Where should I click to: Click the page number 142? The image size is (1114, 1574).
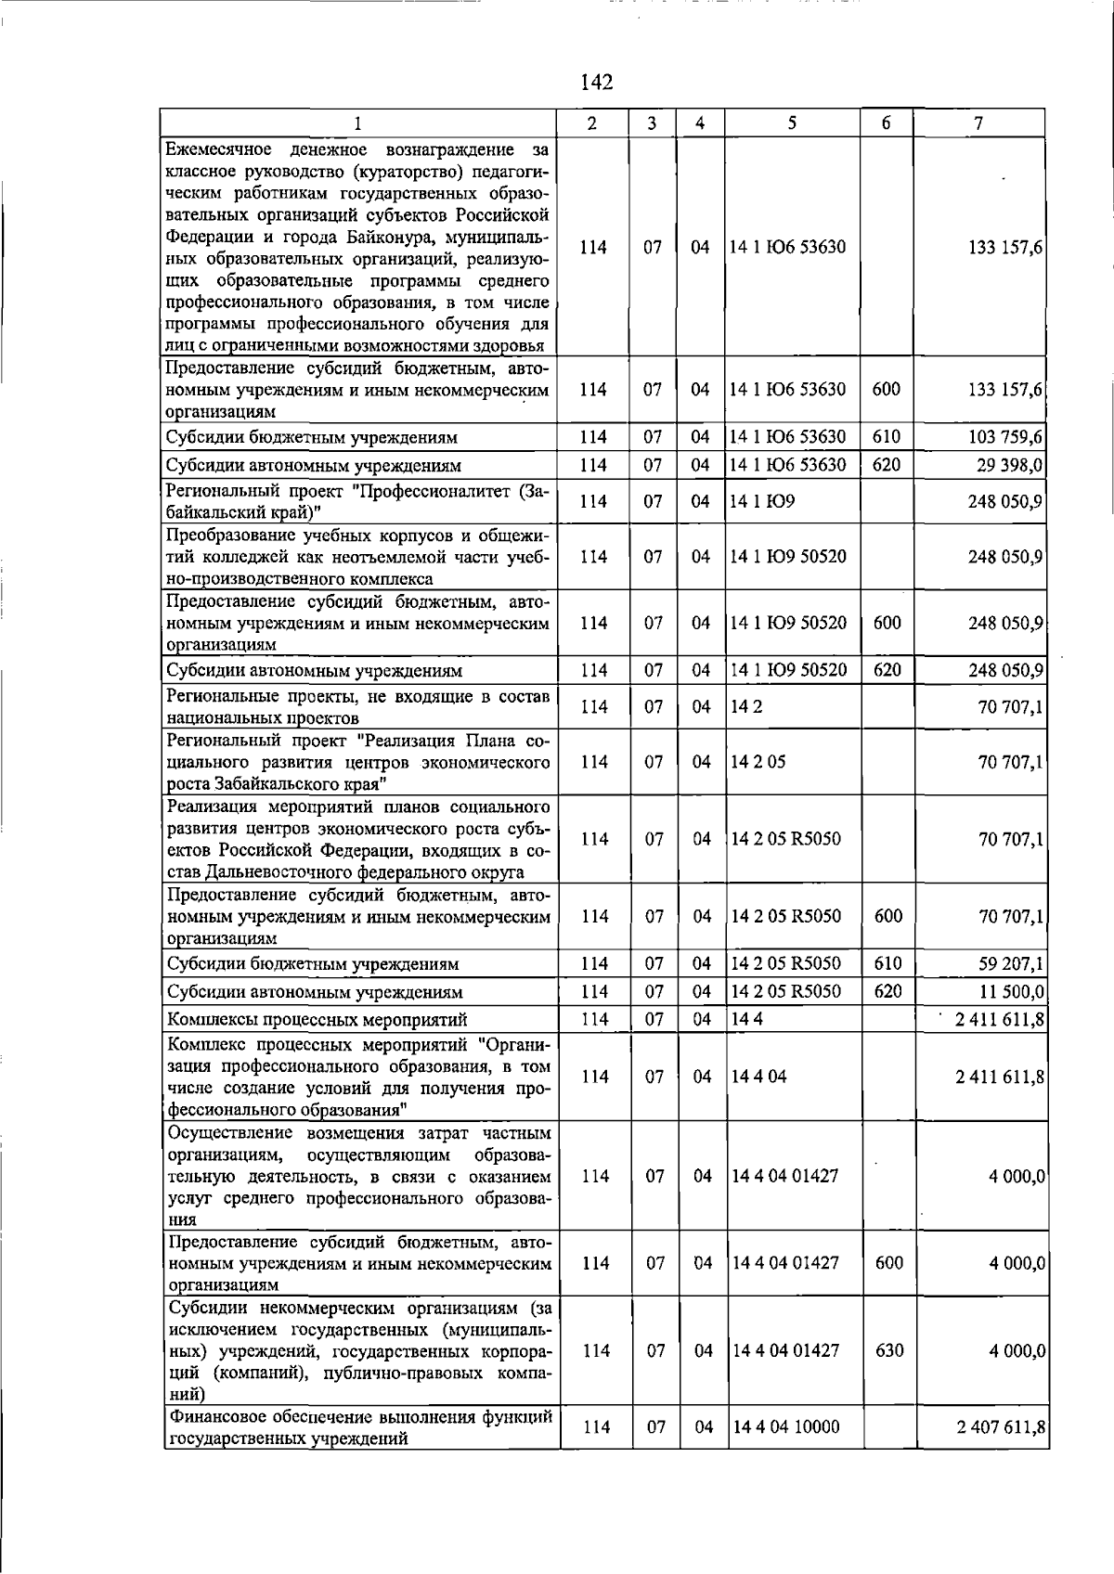(x=597, y=83)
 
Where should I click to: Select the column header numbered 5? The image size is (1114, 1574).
(x=791, y=123)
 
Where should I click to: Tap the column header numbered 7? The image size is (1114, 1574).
(x=978, y=123)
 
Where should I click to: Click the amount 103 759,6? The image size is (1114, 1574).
(x=1005, y=437)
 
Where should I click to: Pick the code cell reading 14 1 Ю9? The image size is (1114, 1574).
(x=762, y=502)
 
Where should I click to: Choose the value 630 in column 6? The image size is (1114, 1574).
(x=888, y=1350)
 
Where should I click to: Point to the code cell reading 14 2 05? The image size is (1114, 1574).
(x=758, y=762)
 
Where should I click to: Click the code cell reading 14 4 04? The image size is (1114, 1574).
(x=759, y=1077)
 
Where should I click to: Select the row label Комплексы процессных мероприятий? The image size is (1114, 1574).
(x=317, y=1020)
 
